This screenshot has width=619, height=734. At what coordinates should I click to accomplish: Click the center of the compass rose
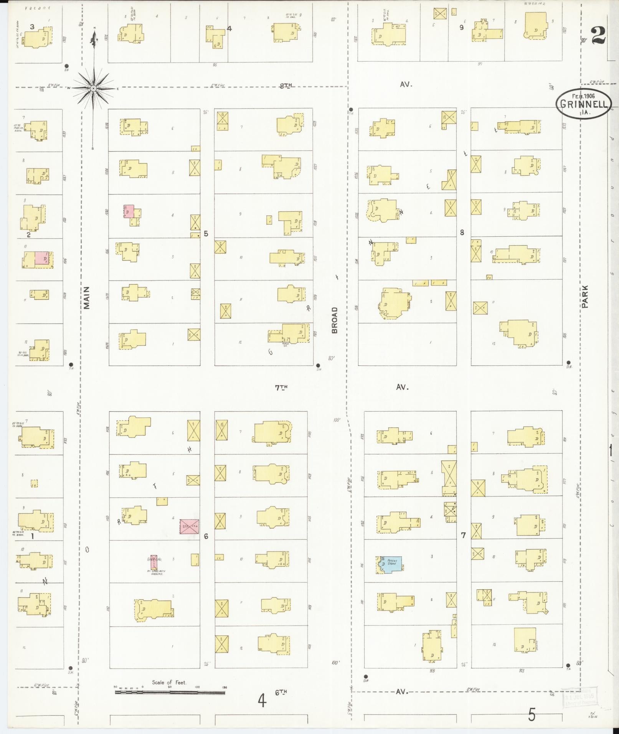tap(93, 88)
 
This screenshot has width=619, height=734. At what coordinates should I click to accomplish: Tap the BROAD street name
tap(335, 320)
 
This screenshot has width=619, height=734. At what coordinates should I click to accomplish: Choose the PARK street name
tap(584, 296)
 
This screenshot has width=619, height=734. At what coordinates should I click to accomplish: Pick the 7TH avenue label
tap(281, 388)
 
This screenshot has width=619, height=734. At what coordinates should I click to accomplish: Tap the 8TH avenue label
tap(286, 86)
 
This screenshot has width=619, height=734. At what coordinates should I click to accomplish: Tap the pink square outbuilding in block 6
tap(190, 526)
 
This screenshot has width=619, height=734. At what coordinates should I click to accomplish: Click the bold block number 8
tap(462, 232)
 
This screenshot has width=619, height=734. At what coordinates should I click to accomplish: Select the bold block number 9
tap(462, 27)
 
